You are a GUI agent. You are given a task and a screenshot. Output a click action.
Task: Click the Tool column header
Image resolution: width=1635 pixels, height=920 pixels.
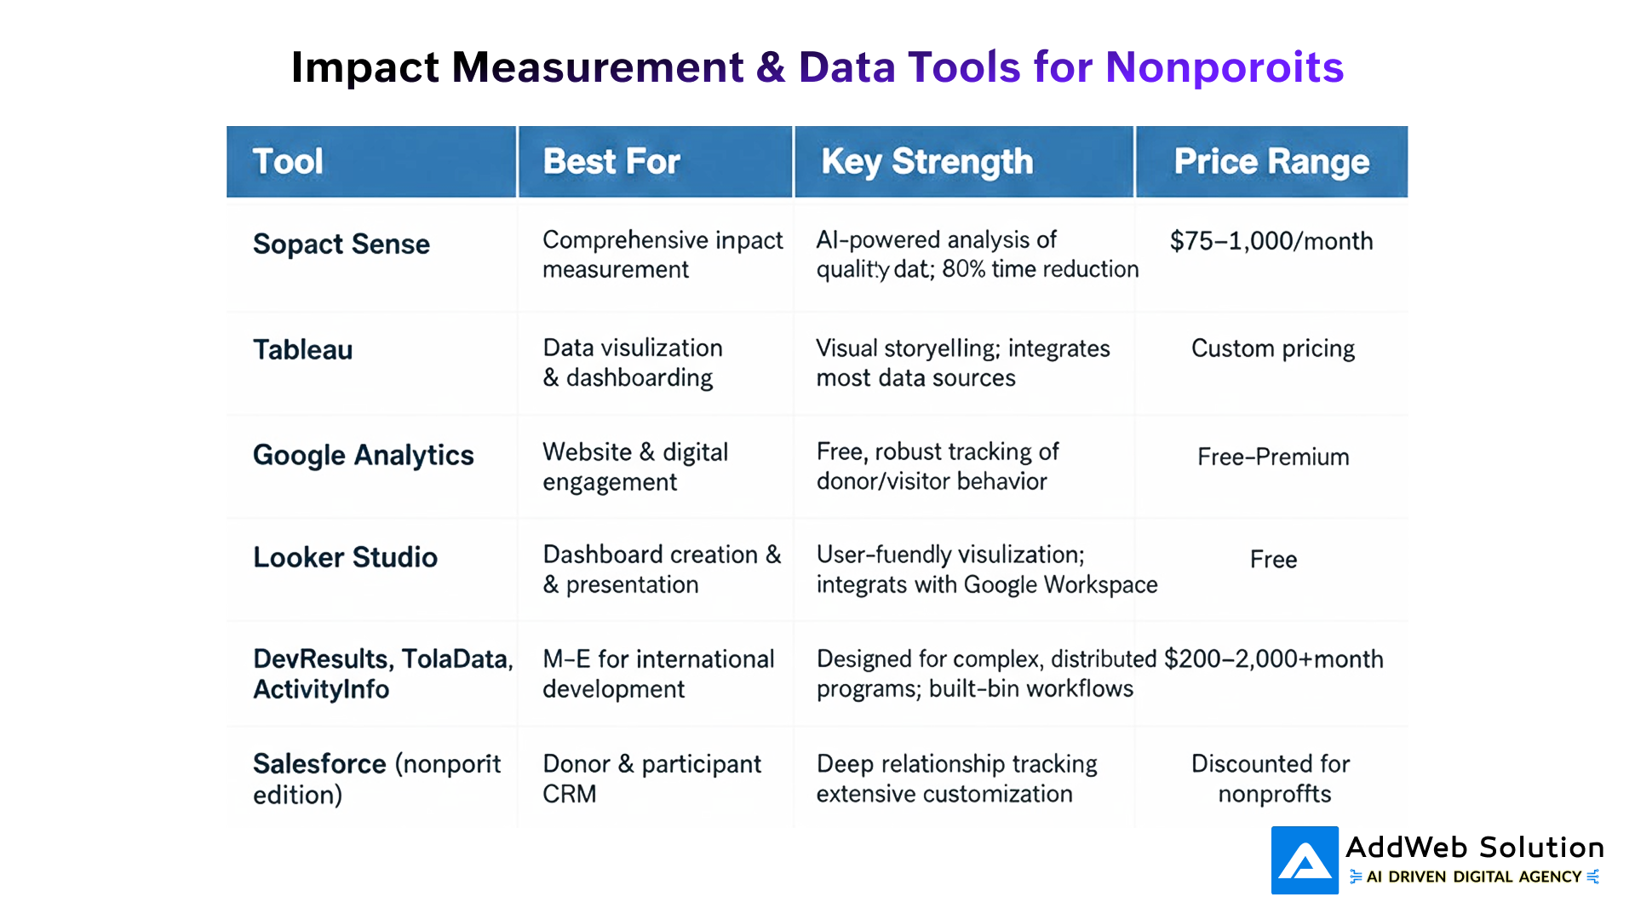point(288,162)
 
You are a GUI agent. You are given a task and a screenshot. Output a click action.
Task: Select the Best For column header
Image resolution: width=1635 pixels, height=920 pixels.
point(611,162)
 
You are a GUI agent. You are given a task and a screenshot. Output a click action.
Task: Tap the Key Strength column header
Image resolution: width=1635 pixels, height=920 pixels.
point(926,162)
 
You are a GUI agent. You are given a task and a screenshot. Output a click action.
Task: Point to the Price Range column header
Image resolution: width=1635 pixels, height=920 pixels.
point(1271,162)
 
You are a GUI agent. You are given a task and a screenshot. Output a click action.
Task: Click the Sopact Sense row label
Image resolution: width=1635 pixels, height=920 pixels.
point(341,244)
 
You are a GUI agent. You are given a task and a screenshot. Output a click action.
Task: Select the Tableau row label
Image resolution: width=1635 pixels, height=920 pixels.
point(302,350)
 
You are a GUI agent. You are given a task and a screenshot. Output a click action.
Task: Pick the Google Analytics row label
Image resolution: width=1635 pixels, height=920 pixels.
point(363,456)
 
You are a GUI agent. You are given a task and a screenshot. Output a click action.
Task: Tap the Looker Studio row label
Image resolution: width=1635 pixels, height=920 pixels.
point(345,558)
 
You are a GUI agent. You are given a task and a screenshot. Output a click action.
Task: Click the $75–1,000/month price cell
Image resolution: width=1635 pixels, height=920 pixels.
point(1271,241)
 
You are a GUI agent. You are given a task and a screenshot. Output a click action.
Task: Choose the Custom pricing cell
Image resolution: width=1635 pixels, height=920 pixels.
point(1272,348)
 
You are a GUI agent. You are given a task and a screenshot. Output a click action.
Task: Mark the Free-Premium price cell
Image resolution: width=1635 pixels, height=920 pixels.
point(1273,457)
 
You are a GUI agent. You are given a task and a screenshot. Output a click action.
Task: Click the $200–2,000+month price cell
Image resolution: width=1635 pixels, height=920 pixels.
point(1273,659)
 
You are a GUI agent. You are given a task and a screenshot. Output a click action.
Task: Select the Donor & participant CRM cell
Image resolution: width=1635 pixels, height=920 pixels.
point(651,779)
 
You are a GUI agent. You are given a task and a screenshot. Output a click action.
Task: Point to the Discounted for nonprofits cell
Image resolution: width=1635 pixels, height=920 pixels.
point(1271,779)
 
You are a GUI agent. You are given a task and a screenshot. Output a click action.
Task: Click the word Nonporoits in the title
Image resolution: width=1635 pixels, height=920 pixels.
point(1224,67)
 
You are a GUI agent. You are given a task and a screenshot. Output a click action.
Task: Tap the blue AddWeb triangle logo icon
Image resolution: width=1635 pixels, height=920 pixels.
point(1305,860)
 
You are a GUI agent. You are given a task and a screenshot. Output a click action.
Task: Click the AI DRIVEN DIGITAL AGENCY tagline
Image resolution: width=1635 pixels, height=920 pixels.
point(1473,877)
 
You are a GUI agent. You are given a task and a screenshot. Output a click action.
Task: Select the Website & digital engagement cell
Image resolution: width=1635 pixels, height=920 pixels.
point(635,467)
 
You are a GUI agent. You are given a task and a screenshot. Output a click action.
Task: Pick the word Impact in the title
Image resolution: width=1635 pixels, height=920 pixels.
point(364,67)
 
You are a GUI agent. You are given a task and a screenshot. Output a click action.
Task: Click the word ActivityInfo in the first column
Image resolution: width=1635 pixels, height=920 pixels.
point(321,689)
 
